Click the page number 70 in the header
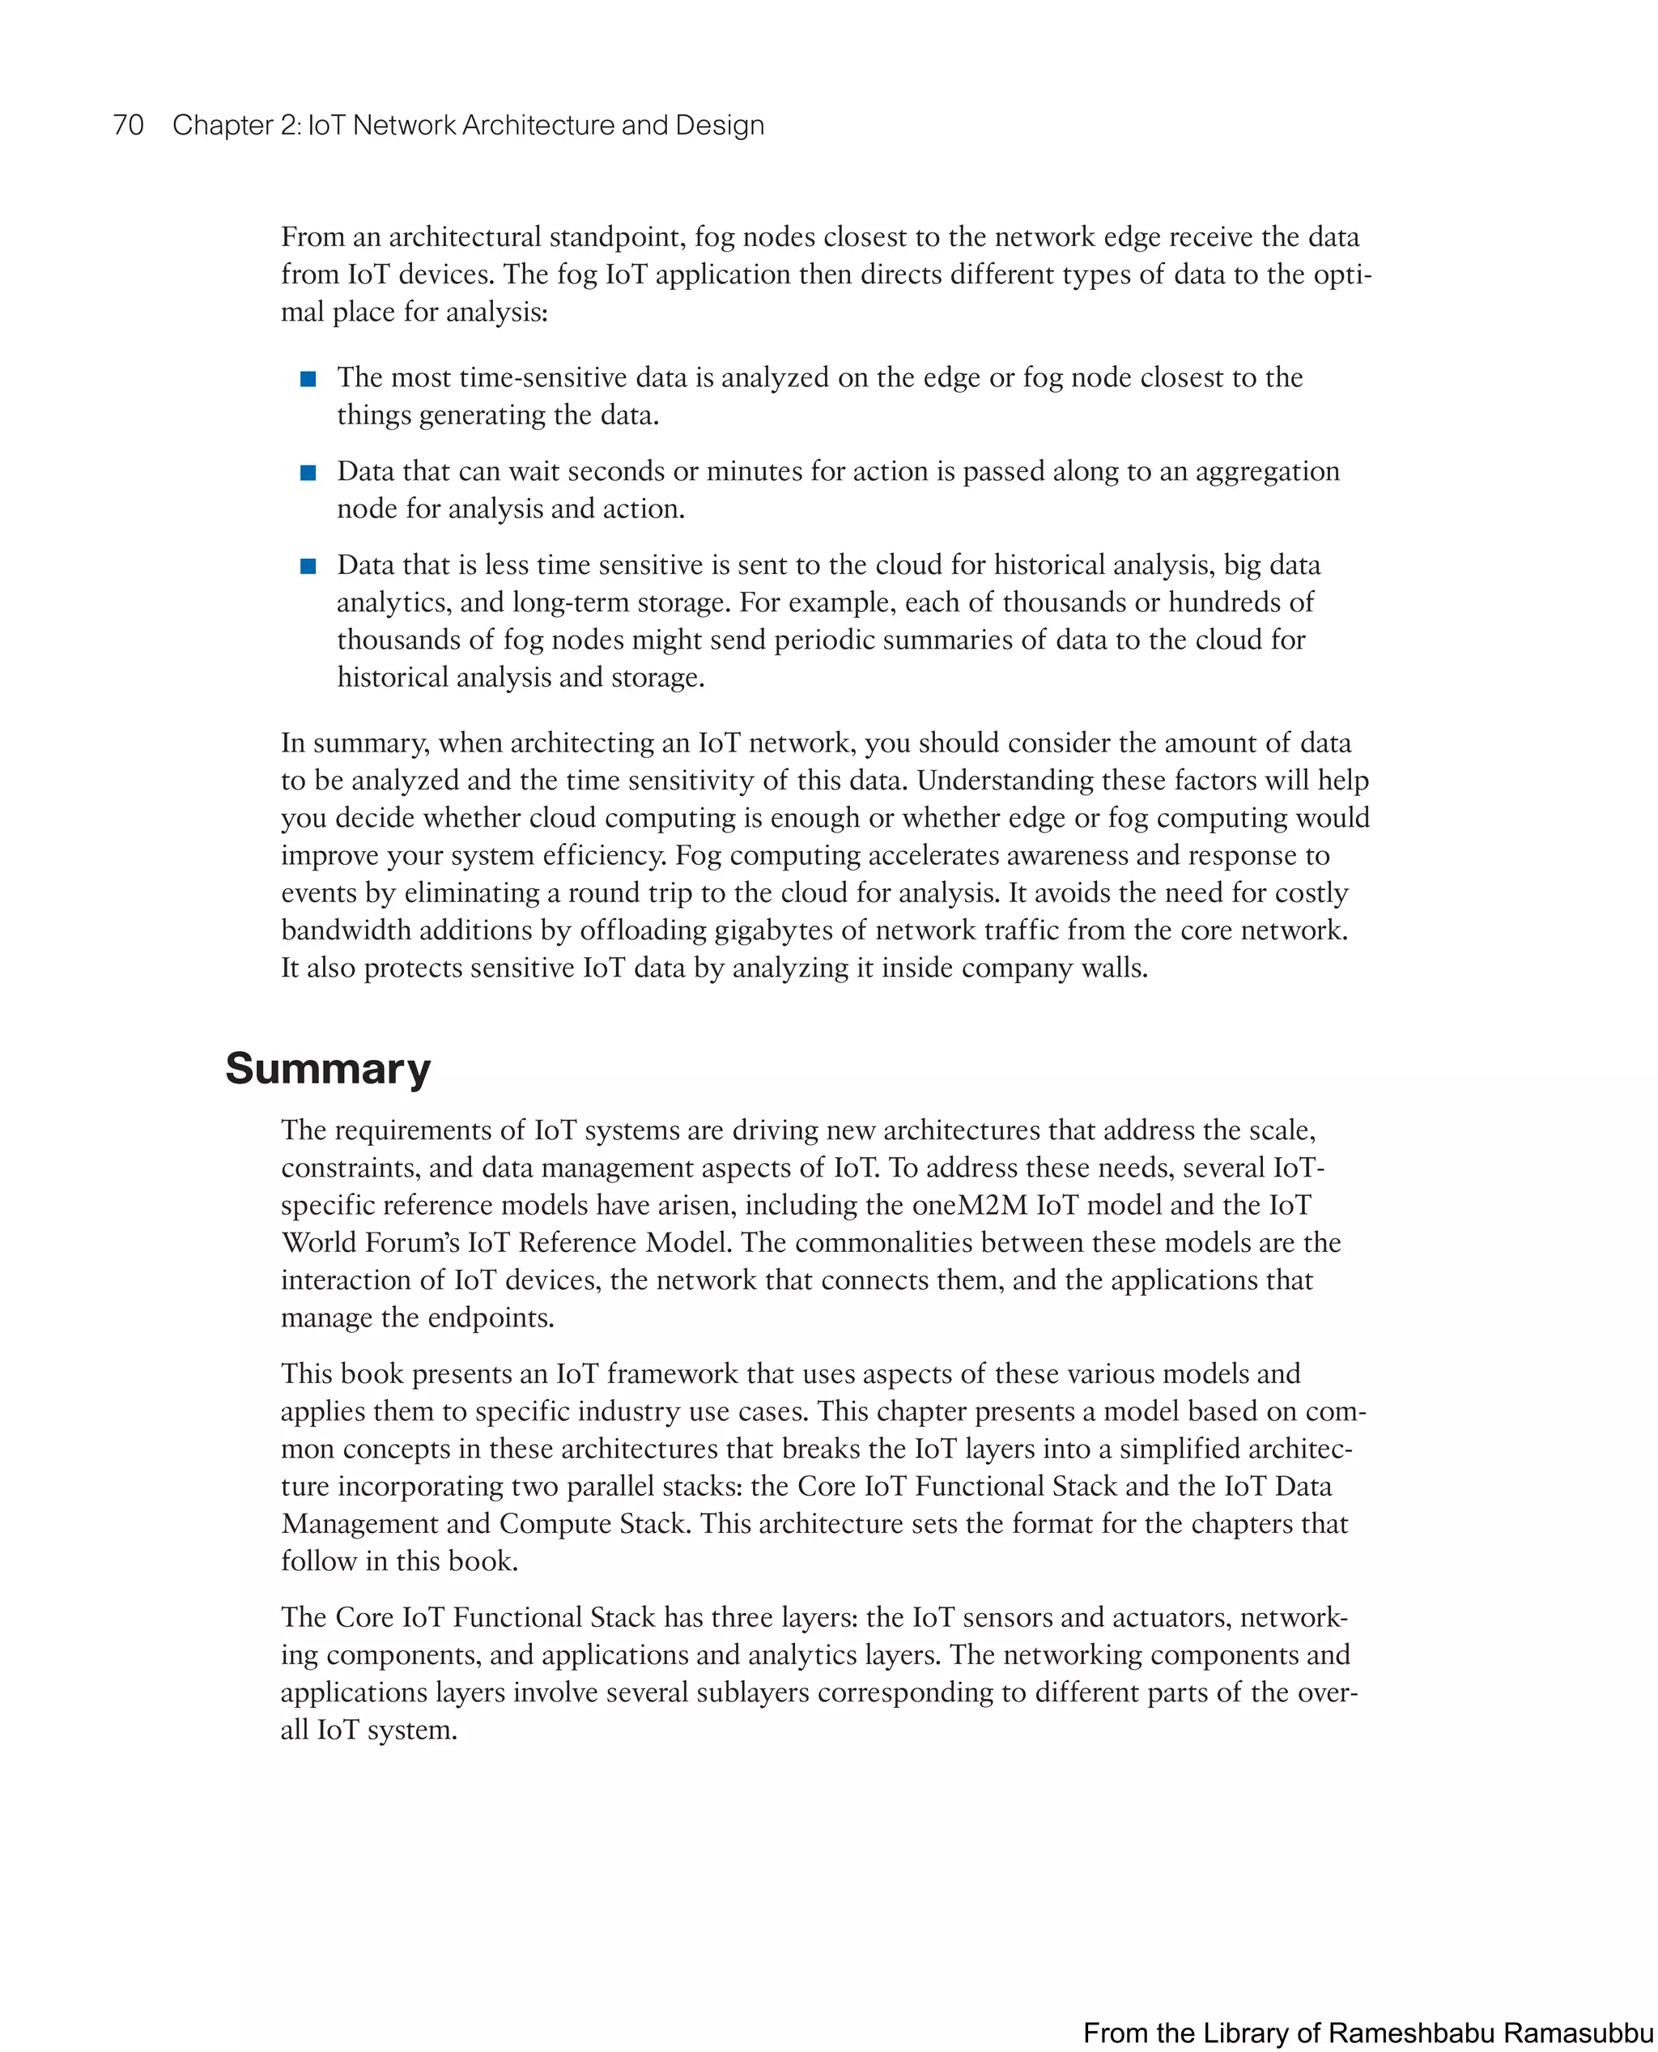point(128,126)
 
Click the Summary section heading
point(328,1068)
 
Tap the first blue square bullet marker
point(308,379)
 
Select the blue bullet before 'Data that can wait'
point(308,473)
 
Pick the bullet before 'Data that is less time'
point(308,567)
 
